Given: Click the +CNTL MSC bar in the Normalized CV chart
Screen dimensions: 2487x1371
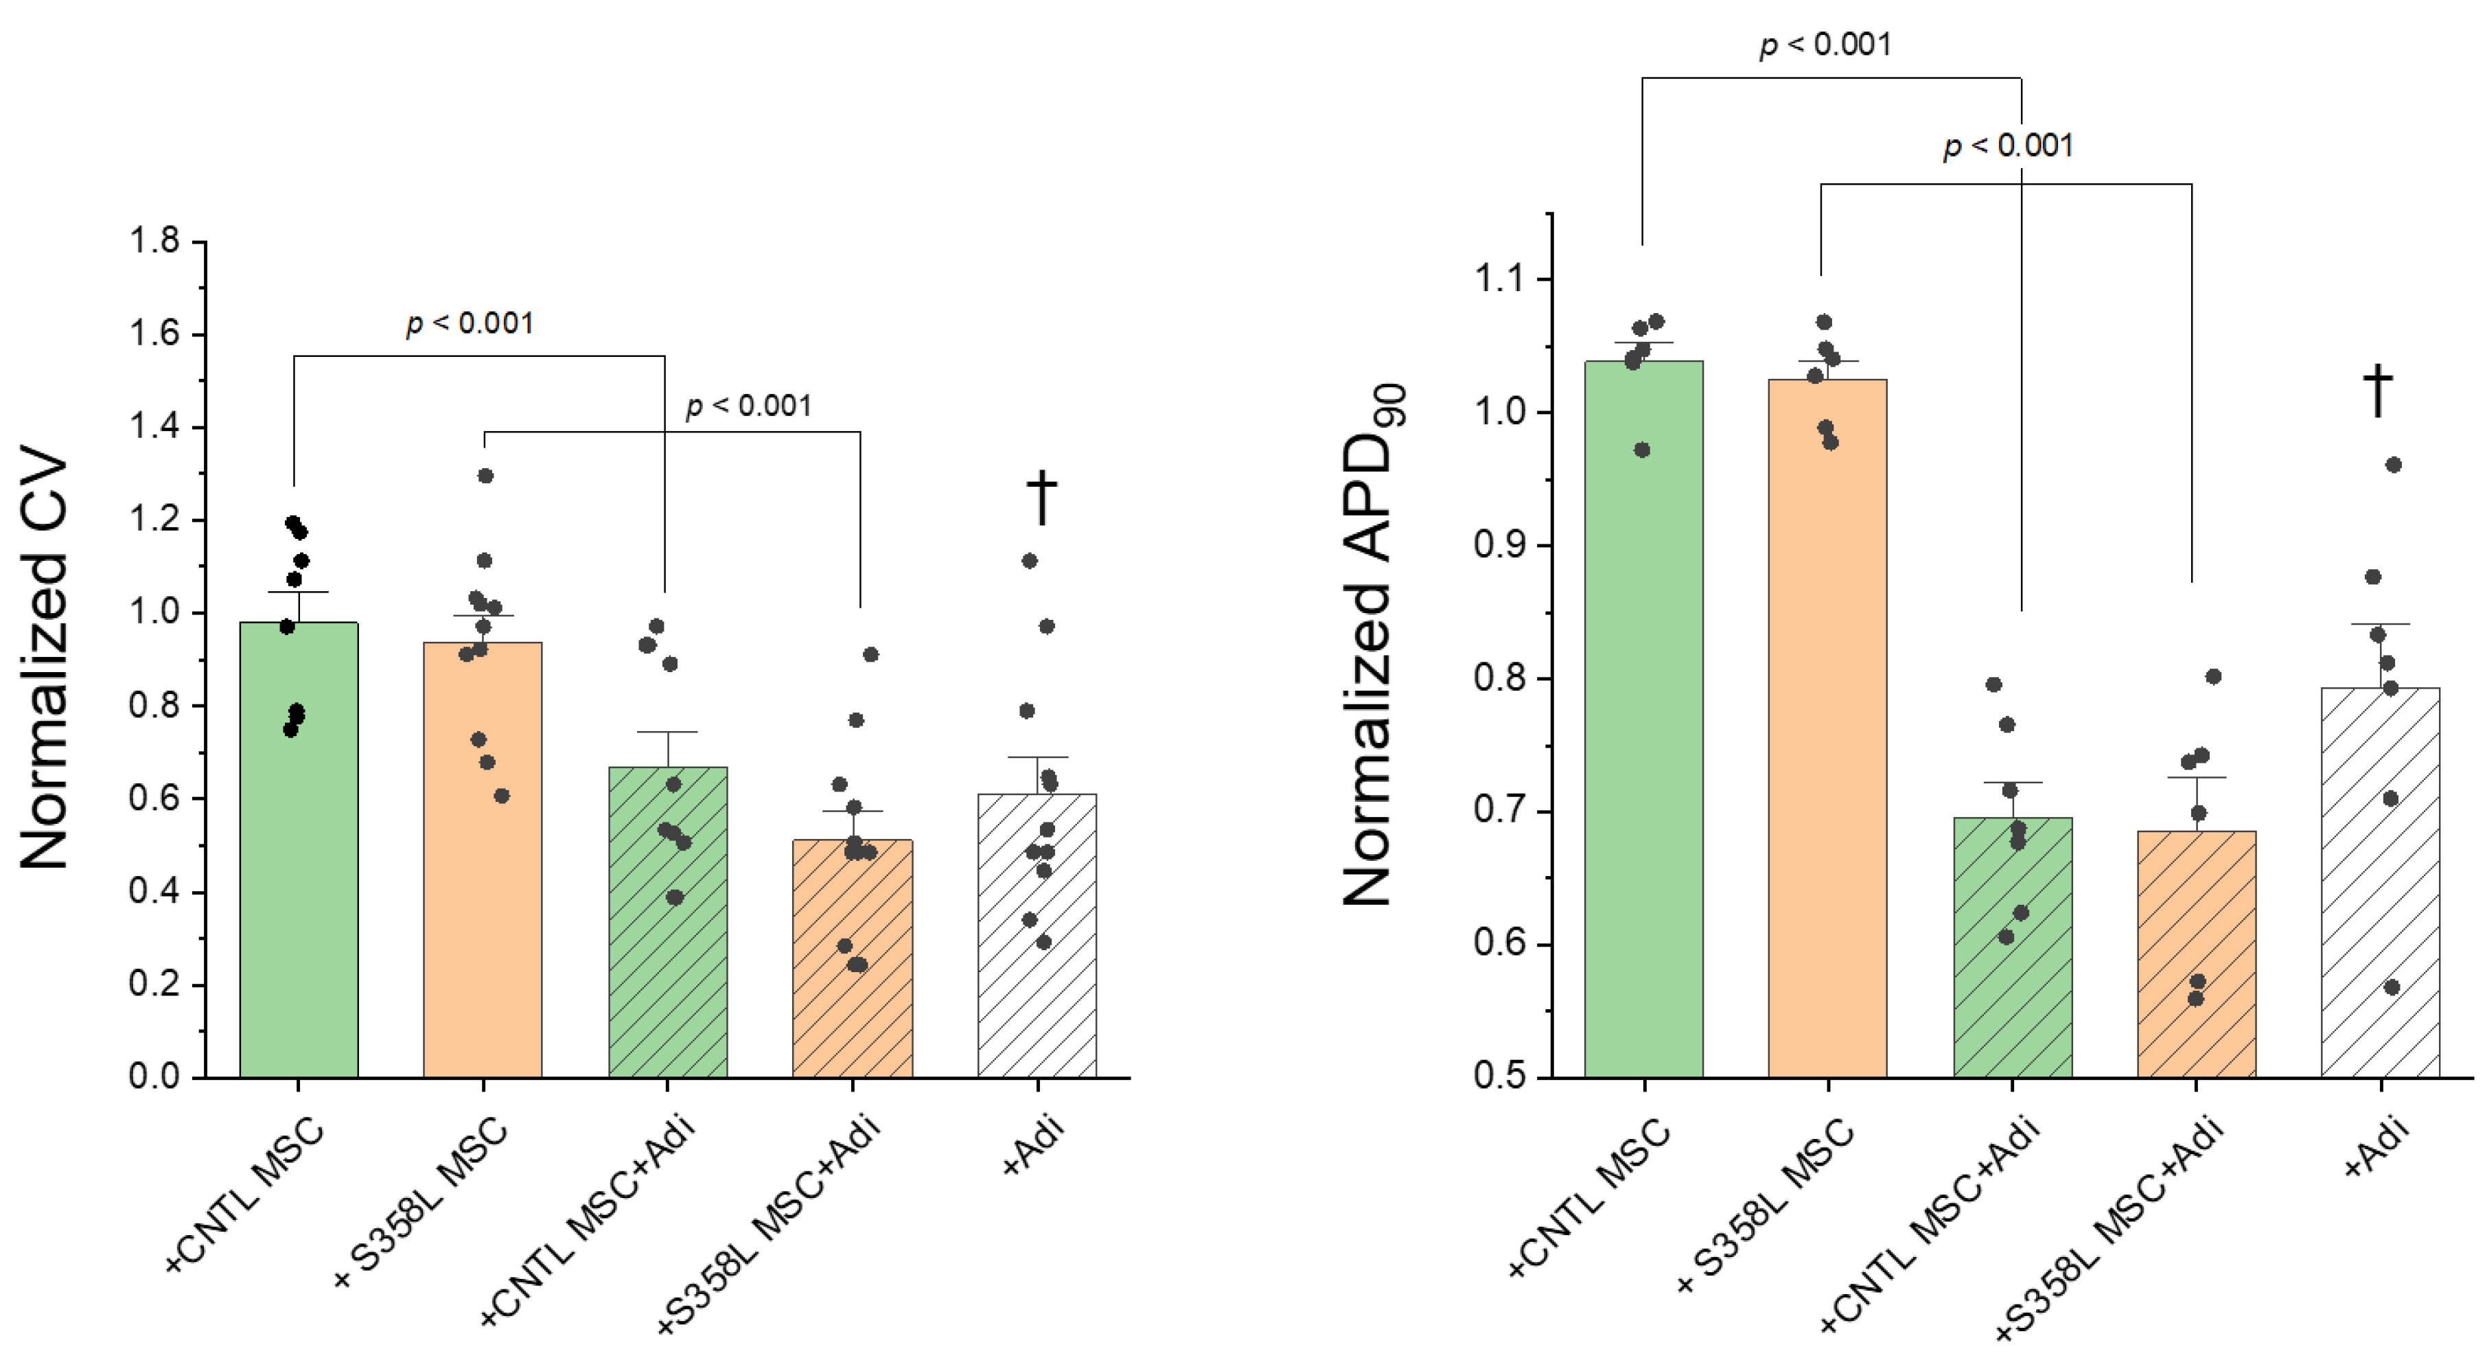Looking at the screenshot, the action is (x=299, y=850).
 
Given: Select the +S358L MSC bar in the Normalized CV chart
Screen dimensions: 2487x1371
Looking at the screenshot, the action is (x=483, y=860).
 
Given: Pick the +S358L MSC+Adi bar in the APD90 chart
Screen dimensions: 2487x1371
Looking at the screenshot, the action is (x=2197, y=954).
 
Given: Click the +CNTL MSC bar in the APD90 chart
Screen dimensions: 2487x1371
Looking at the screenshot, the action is (x=1644, y=719).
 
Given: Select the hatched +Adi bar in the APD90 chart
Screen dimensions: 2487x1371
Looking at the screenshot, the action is (x=2381, y=882).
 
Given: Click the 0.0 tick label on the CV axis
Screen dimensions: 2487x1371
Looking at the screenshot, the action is (x=154, y=1076).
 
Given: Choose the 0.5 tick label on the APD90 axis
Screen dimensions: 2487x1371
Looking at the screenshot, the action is (x=1499, y=1076).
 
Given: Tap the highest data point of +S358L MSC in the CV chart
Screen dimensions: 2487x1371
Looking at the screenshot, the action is (x=485, y=476).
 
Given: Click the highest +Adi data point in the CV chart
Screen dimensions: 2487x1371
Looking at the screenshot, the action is (x=1029, y=561).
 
